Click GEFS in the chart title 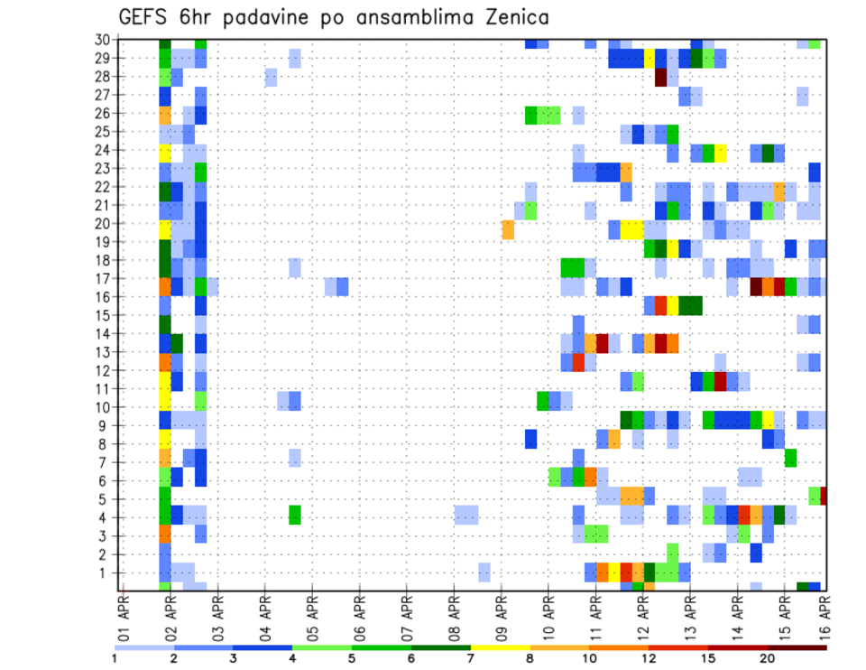pyautogui.click(x=146, y=17)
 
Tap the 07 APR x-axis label pyautogui.click(x=408, y=621)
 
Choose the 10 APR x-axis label pyautogui.click(x=548, y=621)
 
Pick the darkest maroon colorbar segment pyautogui.click(x=797, y=647)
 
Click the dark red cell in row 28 pyautogui.click(x=660, y=77)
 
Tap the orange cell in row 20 pyautogui.click(x=508, y=229)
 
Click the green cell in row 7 pyautogui.click(x=790, y=458)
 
